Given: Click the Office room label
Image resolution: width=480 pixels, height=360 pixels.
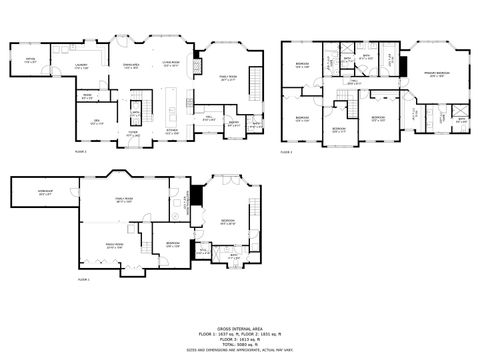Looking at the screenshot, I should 30,60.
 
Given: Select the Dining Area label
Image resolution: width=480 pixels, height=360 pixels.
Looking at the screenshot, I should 131,66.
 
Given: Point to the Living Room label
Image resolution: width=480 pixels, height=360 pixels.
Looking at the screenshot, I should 171,65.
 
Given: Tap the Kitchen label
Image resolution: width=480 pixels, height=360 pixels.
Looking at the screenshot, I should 171,131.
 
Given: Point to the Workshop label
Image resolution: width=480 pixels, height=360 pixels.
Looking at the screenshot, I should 45,192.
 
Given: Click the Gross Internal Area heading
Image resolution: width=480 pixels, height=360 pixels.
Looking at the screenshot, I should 239,327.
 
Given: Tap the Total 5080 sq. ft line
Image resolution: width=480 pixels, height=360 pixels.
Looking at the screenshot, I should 239,343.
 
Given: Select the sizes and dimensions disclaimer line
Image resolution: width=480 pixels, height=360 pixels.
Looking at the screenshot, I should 239,350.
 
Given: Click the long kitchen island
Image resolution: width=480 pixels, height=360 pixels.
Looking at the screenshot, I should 171,100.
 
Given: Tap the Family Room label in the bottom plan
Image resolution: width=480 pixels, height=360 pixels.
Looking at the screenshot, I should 126,202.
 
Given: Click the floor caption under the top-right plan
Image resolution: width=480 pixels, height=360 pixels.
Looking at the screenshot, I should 287,152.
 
